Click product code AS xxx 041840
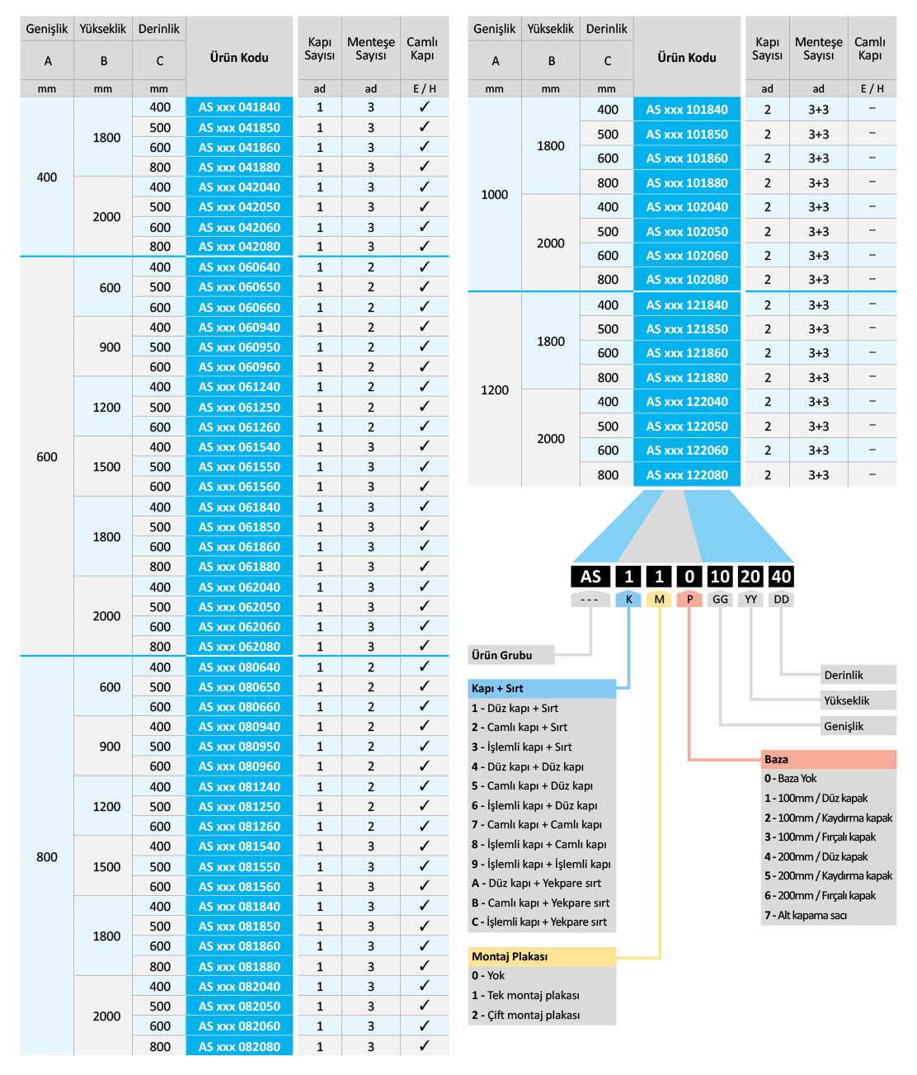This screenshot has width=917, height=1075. pos(239,107)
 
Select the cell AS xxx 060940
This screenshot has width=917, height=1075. pos(239,328)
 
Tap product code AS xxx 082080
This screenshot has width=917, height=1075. pos(239,1047)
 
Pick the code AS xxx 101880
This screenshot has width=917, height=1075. pos(687,183)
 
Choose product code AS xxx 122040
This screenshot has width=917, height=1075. pos(687,402)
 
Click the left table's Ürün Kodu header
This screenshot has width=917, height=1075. pos(239,57)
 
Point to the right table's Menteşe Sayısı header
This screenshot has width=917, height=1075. pos(818,48)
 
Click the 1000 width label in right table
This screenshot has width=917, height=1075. pos(495,195)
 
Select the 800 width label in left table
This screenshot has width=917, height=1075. pos(47,857)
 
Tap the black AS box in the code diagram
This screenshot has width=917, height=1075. pos(590,577)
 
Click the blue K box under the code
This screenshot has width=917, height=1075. pos(628,600)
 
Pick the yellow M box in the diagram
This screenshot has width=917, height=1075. pos(659,600)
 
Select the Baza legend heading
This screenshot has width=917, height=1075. pos(776,759)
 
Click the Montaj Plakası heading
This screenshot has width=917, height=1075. pos(510,956)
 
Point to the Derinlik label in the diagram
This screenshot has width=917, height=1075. pos(844,675)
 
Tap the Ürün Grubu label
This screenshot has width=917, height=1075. pos(502,655)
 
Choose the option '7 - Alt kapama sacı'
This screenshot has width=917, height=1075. pos(806,915)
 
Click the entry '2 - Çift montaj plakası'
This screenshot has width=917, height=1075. pos(525,1015)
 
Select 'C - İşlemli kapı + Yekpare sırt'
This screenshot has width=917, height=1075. pos(539,922)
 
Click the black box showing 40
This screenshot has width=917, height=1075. pos(781,577)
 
